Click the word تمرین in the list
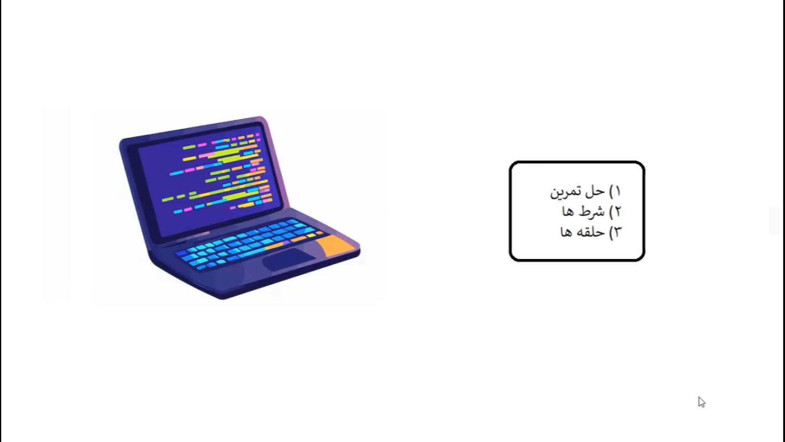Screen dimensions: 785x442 coord(566,192)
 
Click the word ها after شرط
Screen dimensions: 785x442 coord(570,212)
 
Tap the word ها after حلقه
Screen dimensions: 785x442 coord(567,232)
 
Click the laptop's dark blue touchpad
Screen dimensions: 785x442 coord(288,259)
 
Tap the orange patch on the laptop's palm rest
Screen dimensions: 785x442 coord(336,245)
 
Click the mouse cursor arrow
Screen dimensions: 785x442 coord(702,402)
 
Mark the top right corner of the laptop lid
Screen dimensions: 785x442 coord(264,118)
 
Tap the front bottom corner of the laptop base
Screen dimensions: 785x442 coord(223,298)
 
